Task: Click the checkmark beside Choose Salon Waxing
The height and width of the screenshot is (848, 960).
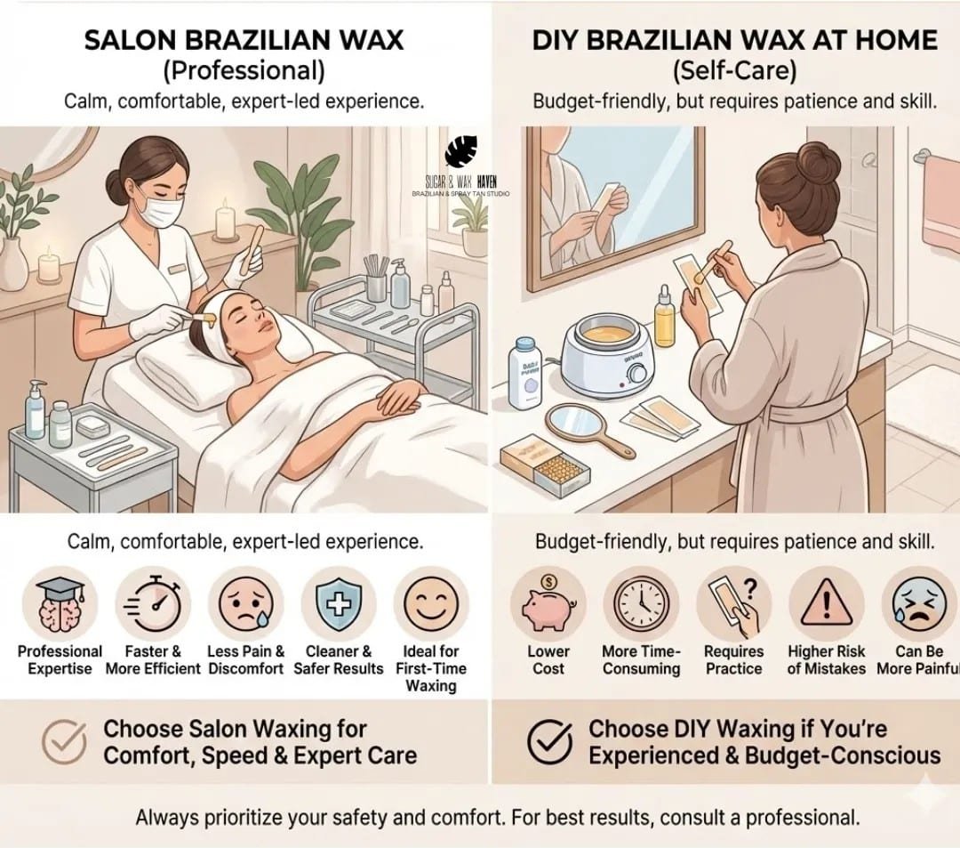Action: pyautogui.click(x=64, y=741)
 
